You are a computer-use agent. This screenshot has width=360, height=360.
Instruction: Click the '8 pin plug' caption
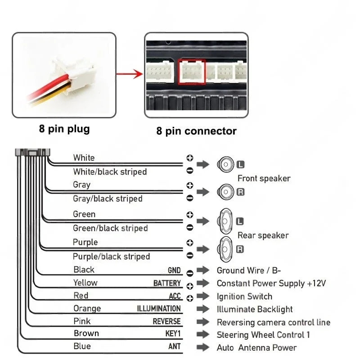pos(64,129)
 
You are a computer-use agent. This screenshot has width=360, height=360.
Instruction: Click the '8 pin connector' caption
pos(196,131)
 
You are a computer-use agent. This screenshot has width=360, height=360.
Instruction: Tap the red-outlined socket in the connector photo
pos(192,72)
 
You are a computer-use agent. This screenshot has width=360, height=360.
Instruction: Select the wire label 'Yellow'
pos(85,283)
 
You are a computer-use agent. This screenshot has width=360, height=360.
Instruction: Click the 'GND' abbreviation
pos(174,270)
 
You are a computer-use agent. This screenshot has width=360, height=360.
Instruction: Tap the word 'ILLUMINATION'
pos(159,309)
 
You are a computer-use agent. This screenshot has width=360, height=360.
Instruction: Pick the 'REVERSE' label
pos(166,322)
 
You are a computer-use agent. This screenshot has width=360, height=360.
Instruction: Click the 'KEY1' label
pos(173,334)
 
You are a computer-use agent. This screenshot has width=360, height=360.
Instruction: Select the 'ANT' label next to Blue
pos(175,347)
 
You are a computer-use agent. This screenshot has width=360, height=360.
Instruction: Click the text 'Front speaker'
pos(264,179)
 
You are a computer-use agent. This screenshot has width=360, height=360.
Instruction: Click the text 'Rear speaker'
pos(263,235)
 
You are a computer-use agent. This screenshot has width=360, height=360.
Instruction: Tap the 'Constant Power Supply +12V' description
pos(271,283)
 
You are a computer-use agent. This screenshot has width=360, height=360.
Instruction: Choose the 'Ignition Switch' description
pos(244,297)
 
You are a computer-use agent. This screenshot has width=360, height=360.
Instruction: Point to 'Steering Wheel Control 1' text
pos(263,335)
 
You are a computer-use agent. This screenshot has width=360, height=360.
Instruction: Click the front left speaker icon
pos(225,164)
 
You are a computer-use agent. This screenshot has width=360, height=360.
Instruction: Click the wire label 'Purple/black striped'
pos(111,256)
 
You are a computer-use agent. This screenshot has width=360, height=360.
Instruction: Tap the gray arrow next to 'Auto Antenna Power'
pos(203,347)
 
